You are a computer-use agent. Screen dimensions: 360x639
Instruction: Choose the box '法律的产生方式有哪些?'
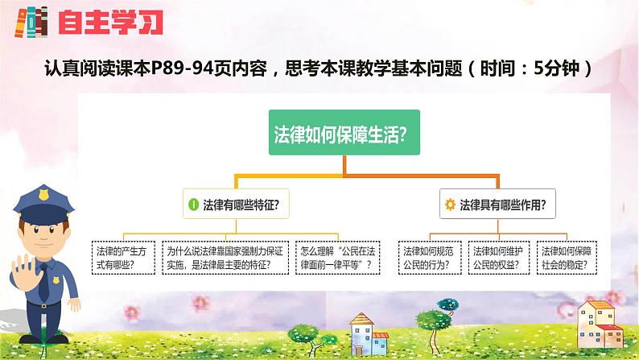tap(122, 257)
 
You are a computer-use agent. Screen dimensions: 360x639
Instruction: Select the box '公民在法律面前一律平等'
tap(336, 257)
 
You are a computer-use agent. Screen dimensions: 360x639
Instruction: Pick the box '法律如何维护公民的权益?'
tap(494, 257)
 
